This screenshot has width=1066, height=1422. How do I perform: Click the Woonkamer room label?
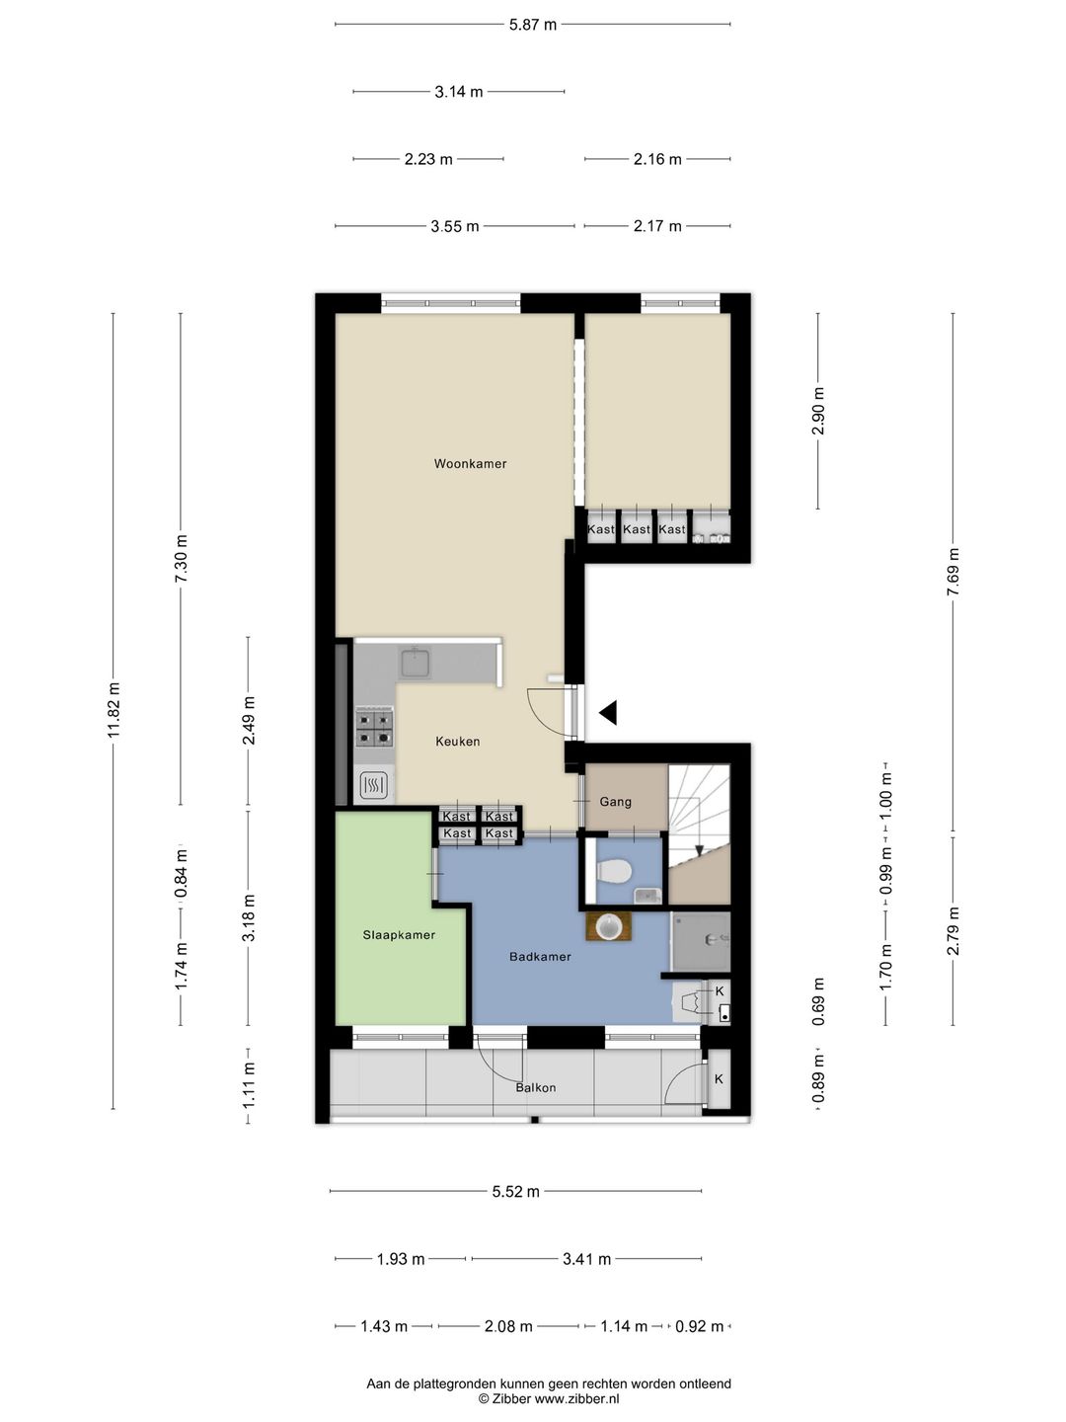pos(470,464)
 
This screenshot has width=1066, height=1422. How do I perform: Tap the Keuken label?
pos(458,742)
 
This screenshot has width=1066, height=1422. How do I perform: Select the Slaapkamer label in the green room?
pos(399,935)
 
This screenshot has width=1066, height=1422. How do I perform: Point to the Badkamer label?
pos(540,956)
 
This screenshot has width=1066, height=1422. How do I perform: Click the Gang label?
pos(615,802)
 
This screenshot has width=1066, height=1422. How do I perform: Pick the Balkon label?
pos(536,1087)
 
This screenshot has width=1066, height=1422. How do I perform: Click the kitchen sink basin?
pos(415,662)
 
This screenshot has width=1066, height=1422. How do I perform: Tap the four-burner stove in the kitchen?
pos(375,728)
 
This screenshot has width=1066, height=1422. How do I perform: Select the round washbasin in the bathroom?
pos(608,927)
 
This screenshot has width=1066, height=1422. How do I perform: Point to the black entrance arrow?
pos(608,713)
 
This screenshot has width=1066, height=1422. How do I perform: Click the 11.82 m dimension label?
pos(114,711)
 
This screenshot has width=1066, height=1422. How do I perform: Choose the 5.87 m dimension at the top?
pos(533,25)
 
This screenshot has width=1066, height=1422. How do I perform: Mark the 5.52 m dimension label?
pos(516,1191)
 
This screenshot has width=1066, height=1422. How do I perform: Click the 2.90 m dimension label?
pos(818,411)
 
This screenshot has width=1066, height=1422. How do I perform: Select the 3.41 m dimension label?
pos(587,1259)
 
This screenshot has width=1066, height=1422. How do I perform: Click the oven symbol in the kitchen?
pos(374,786)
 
